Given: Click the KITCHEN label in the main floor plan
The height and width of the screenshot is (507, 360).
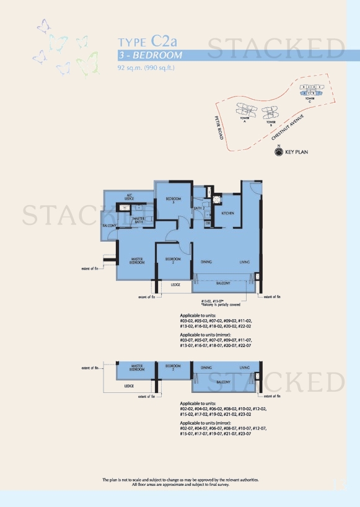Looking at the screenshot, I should pos(228,213).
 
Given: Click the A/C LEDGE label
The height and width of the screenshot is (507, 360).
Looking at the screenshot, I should pos(130,196).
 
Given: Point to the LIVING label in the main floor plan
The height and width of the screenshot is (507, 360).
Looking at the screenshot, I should pos(245,262).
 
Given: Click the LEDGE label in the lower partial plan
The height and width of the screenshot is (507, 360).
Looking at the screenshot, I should pos(129,386).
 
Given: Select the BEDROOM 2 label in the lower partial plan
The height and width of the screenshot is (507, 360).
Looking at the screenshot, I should pos(173,368).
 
